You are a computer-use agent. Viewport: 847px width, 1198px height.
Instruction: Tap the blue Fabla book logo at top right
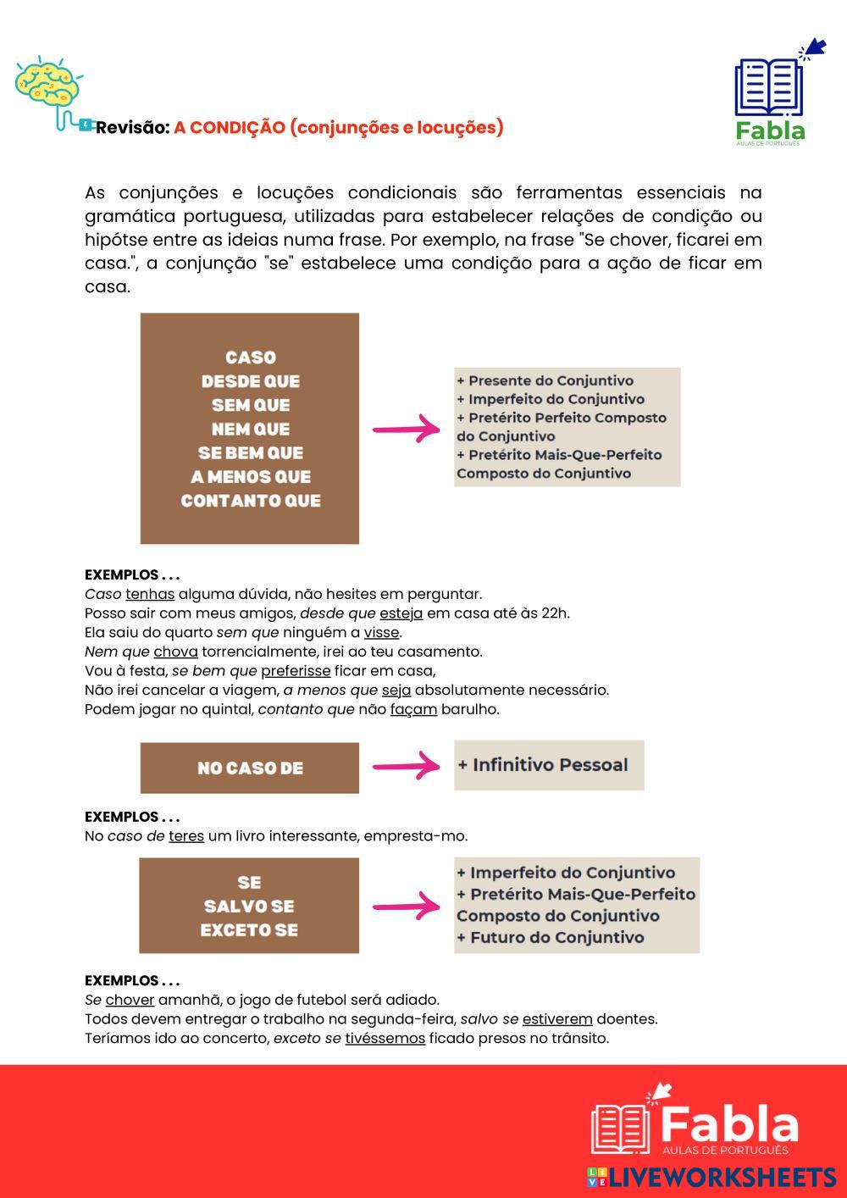tap(768, 87)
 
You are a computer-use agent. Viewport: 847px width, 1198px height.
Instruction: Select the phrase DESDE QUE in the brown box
tap(250, 381)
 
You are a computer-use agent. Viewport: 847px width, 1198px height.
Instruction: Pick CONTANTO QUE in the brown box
tap(250, 501)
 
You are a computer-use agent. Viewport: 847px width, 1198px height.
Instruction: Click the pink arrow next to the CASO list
tap(406, 430)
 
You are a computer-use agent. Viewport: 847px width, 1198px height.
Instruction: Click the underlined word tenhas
tap(150, 594)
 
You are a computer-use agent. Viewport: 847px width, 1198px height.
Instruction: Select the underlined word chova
tap(175, 652)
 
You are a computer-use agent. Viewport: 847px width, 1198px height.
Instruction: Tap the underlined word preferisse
tap(296, 671)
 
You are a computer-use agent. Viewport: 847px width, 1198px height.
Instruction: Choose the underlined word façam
tap(413, 709)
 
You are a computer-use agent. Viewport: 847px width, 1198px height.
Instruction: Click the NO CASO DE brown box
tap(250, 768)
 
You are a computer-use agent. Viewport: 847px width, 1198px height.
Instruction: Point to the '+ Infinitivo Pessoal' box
tap(549, 765)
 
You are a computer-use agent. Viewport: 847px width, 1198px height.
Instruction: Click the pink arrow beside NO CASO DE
tap(406, 767)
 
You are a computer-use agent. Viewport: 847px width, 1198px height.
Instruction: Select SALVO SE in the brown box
tap(249, 907)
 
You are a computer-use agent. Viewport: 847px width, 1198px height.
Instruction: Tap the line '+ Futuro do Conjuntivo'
tap(551, 938)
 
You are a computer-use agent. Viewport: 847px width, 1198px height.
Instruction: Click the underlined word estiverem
tap(557, 1019)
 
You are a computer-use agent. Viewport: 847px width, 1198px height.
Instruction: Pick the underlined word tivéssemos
tap(385, 1039)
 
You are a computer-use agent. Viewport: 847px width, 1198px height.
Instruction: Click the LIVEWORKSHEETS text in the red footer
tap(722, 1178)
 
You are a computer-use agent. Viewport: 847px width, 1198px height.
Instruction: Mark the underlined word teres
tap(186, 836)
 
